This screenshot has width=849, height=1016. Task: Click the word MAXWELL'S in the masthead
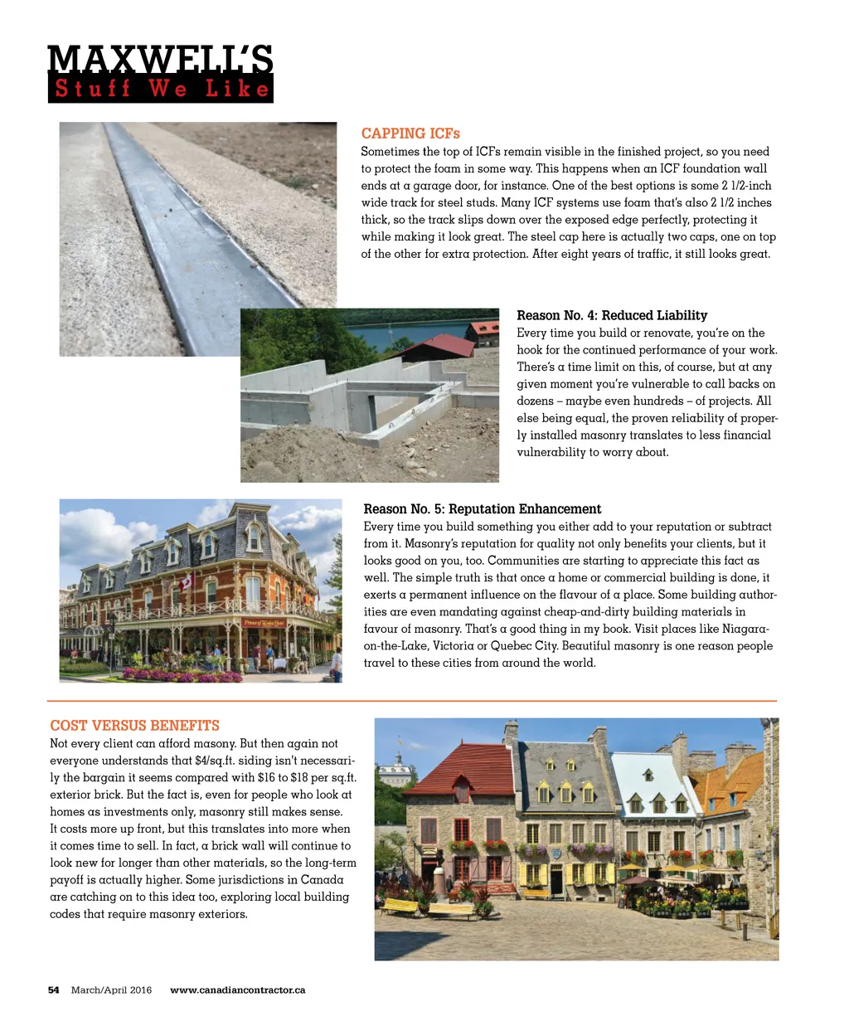pos(160,60)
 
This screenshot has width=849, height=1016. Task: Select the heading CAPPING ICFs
pos(410,134)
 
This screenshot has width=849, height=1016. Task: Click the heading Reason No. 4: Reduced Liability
pos(612,315)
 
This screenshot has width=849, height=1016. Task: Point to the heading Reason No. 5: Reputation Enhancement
pos(482,508)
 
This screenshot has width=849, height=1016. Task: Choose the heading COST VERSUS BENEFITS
pos(134,726)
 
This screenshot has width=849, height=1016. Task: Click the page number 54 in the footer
pos(54,989)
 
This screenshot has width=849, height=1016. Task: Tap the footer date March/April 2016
pos(111,989)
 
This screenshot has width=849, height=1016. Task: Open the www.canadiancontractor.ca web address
pos(237,989)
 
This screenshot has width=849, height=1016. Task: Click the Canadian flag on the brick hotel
pos(186,581)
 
